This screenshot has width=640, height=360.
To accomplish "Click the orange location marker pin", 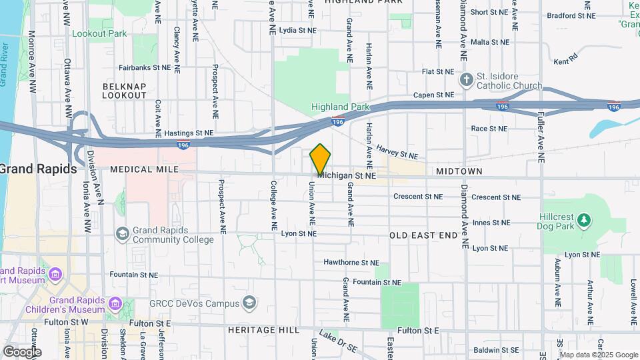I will click(321, 159).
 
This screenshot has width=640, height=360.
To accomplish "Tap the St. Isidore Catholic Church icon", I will click(467, 81).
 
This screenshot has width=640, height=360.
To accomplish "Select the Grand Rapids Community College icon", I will click(122, 233).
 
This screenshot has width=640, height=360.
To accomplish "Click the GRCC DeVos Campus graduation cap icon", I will click(249, 303).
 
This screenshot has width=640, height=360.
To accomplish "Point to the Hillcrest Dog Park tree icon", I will click(584, 219).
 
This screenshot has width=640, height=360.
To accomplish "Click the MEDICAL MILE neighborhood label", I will click(145, 170).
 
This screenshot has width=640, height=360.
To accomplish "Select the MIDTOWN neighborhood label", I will click(459, 171).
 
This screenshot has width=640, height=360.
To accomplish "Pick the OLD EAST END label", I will click(423, 235).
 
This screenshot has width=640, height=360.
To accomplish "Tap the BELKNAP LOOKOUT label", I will click(124, 91).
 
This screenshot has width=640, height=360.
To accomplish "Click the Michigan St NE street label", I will click(347, 175).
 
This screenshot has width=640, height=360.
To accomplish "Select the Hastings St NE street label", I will click(189, 133).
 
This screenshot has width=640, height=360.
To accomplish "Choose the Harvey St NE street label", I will click(397, 152).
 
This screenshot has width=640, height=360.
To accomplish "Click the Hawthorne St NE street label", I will click(351, 263).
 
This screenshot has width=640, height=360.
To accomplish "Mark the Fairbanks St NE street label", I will click(145, 67).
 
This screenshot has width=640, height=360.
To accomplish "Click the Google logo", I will click(21, 351).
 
